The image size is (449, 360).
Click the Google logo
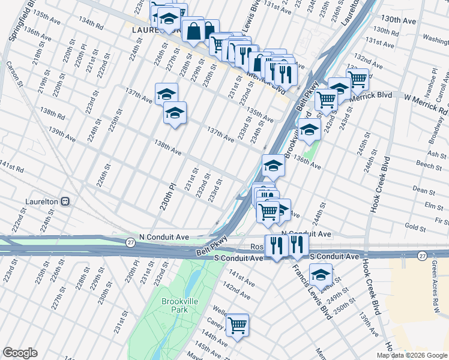(x=20, y=353)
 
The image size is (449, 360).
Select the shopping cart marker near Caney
(x=238, y=325)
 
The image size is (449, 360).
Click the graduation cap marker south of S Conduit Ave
(x=321, y=275)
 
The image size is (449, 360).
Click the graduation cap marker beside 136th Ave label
(x=273, y=164)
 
